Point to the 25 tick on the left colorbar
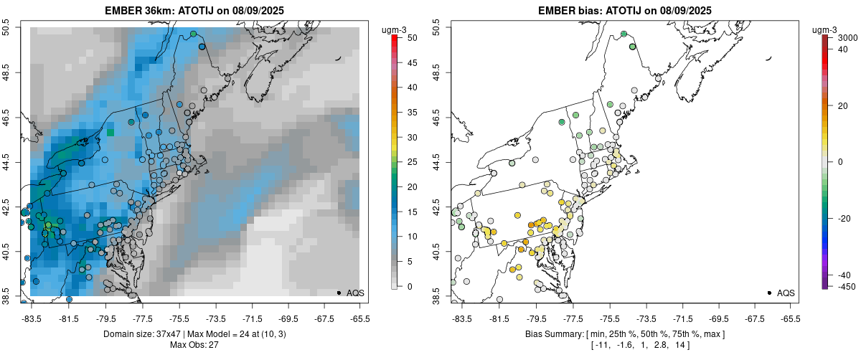point(409,162)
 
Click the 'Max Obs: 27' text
point(193,345)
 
